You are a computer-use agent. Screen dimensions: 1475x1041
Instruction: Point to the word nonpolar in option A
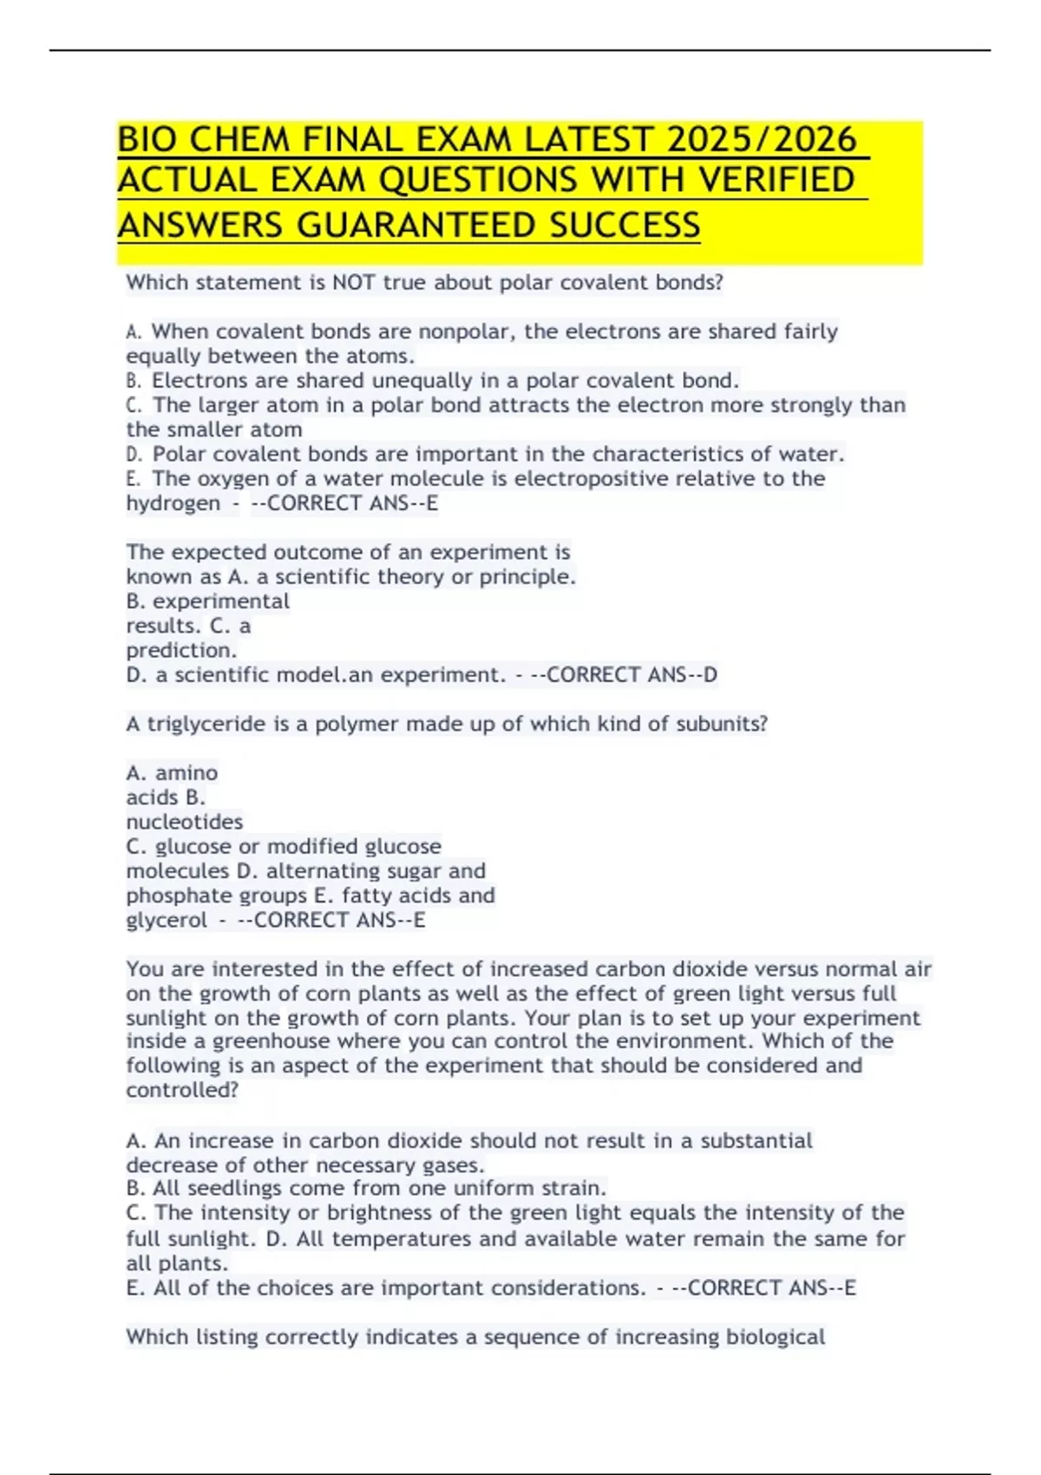467,331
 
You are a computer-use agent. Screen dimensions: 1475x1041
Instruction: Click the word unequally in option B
420,381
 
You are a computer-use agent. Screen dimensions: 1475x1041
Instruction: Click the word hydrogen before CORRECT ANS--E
173,503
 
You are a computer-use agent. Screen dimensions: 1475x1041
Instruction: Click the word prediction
181,651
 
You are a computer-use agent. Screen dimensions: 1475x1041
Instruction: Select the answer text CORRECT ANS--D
632,675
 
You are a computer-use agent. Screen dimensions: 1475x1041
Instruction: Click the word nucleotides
185,822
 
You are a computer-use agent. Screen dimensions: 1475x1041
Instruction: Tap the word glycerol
167,921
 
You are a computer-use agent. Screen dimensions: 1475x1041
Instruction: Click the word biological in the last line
776,1337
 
